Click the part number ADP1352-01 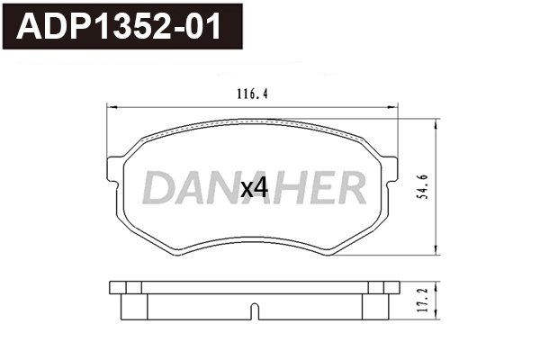pos(121,26)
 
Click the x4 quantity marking pos(255,188)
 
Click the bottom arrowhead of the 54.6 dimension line pos(436,254)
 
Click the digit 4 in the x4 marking pos(262,188)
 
